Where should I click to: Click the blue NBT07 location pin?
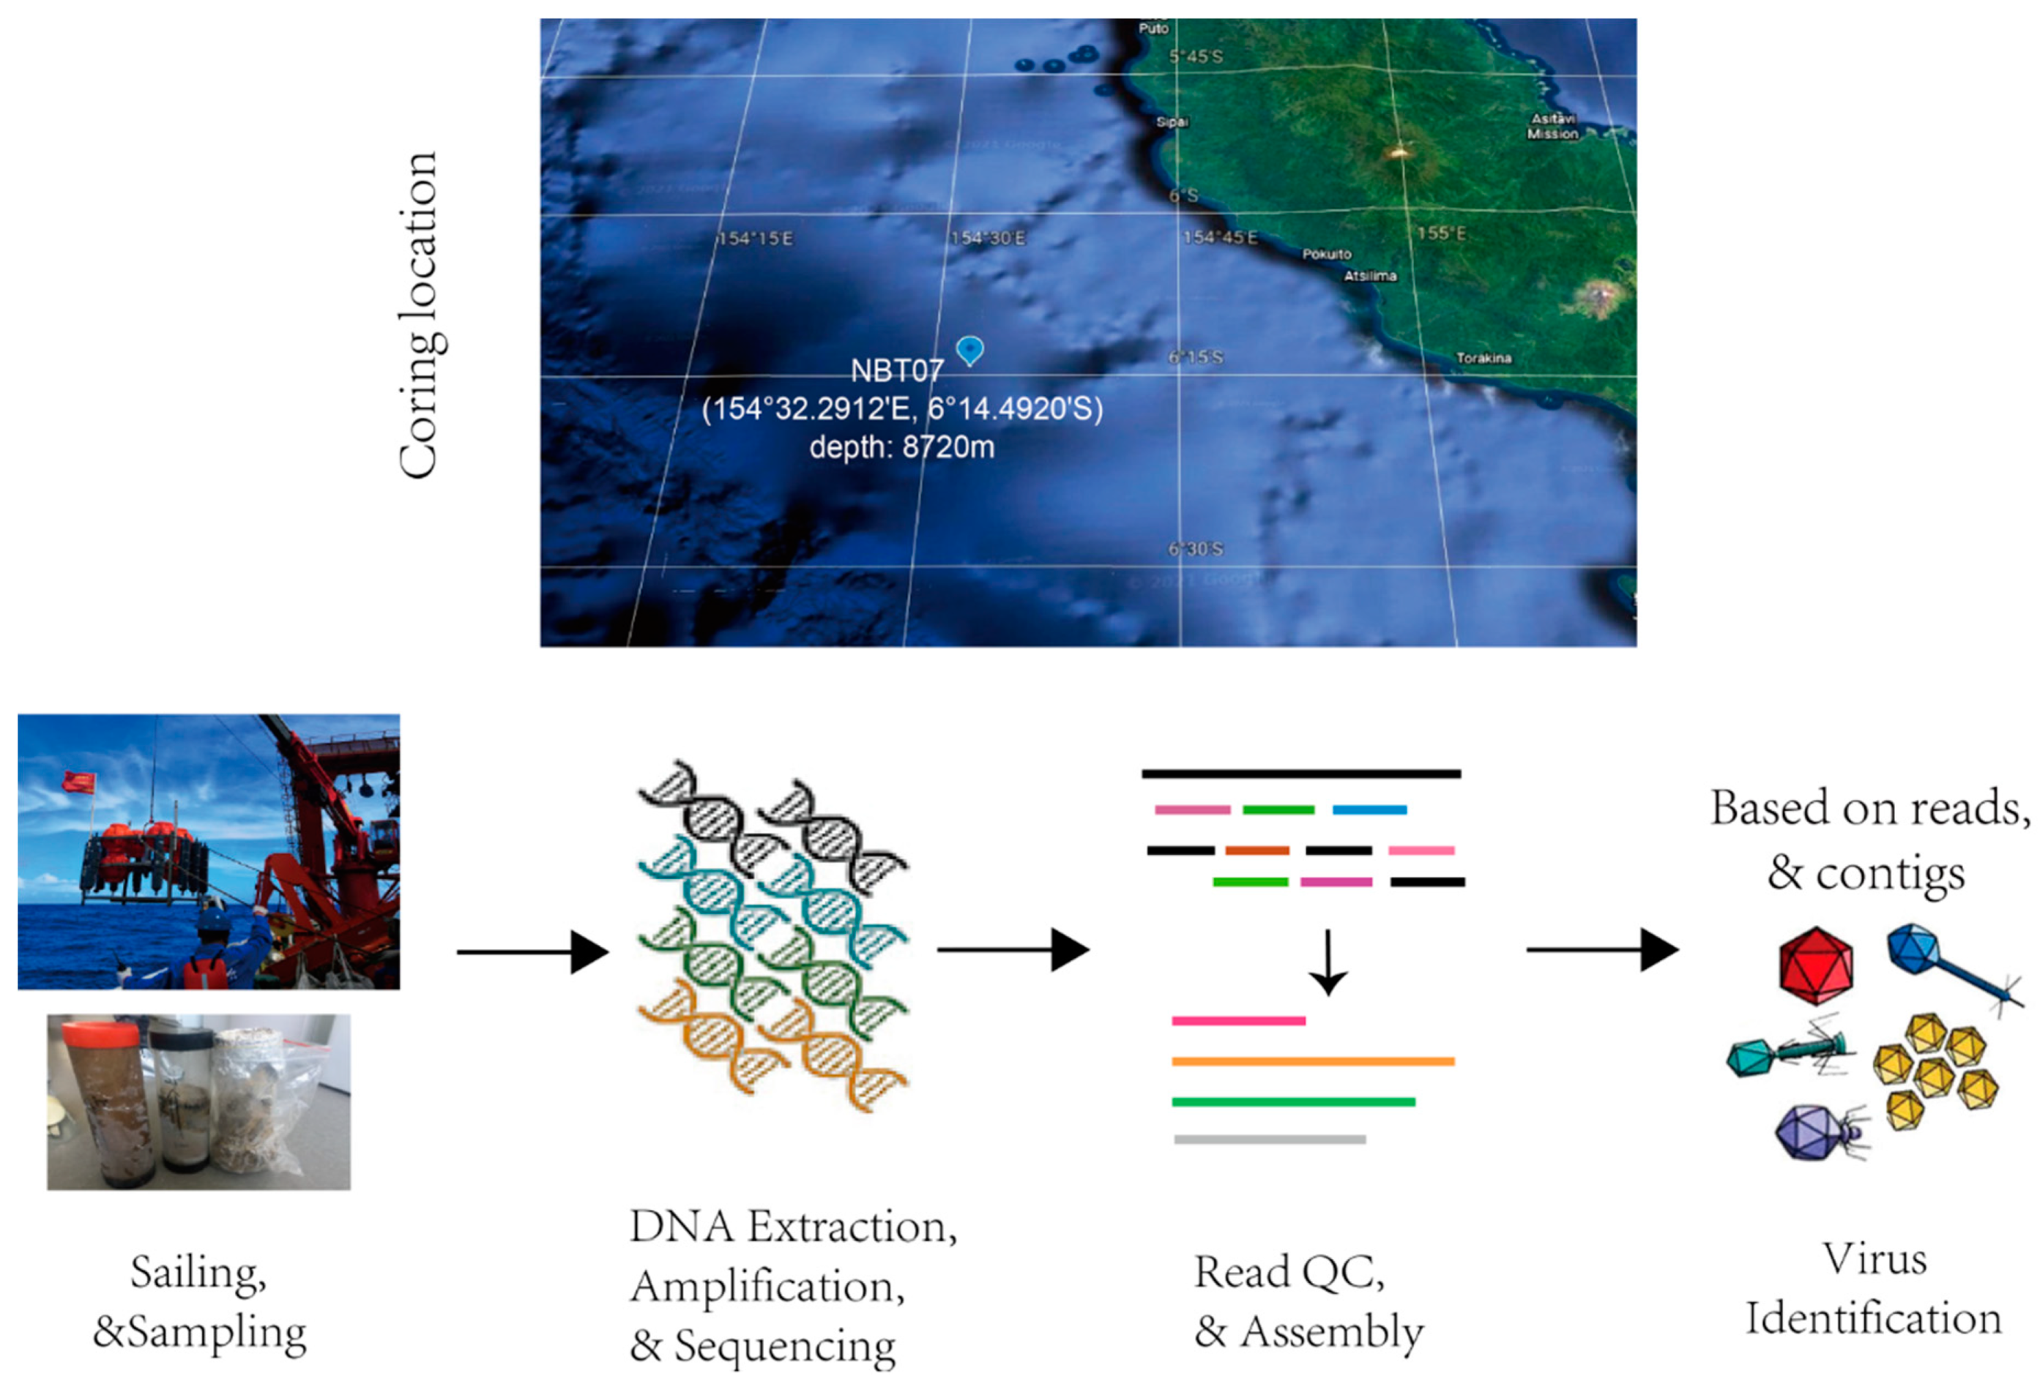[x=969, y=350]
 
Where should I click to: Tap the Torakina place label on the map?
[x=1484, y=358]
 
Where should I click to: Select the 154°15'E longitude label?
[x=755, y=239]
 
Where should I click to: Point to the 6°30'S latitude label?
[x=1195, y=550]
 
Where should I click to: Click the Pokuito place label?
[x=1326, y=255]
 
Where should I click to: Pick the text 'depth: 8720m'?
[x=901, y=448]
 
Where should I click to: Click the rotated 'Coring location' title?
[x=419, y=316]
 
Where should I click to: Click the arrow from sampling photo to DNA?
[x=532, y=951]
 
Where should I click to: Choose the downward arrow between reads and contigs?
[x=1328, y=962]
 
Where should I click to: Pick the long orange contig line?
[x=1312, y=1062]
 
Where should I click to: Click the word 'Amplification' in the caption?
[x=767, y=1287]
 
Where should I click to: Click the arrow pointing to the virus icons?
[x=1602, y=949]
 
